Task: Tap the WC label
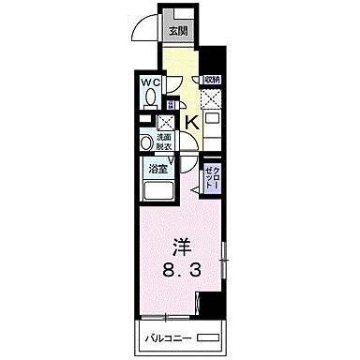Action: point(150,83)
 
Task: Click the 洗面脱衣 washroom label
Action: point(165,142)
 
